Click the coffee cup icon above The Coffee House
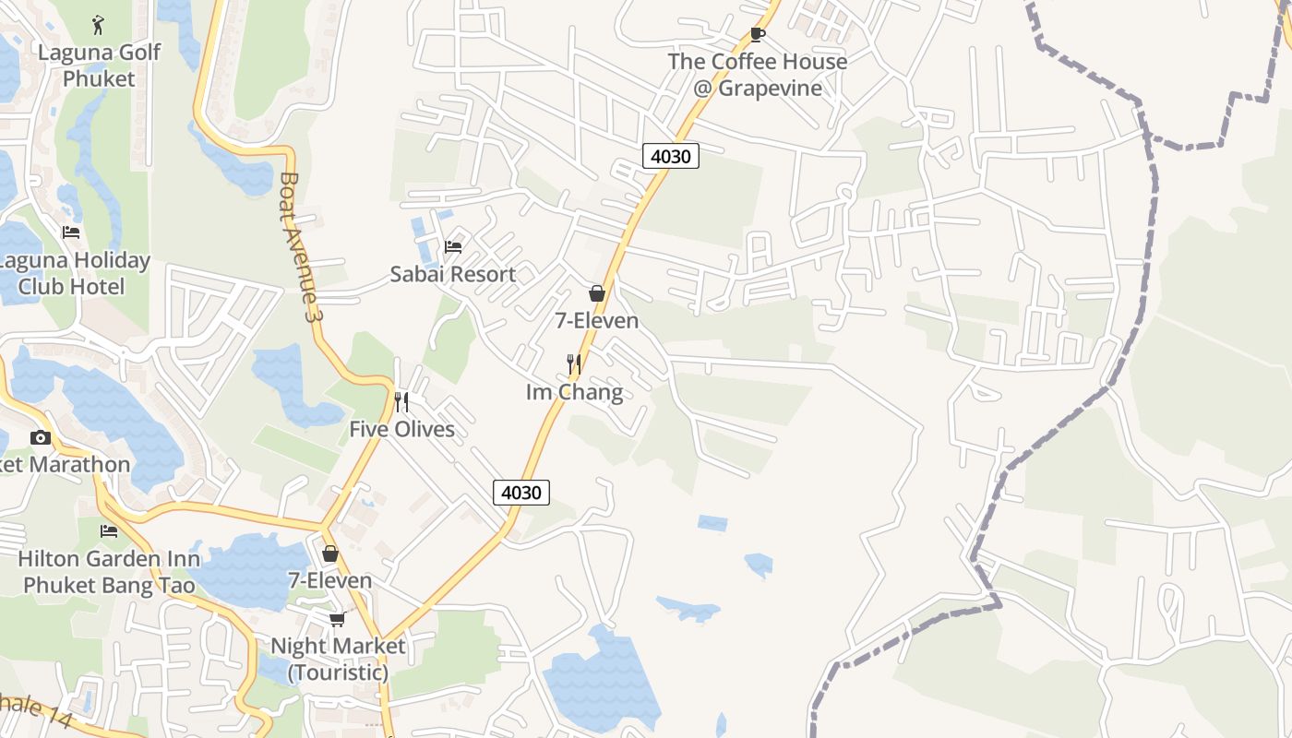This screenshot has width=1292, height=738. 758,35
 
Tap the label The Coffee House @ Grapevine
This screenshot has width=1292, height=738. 758,75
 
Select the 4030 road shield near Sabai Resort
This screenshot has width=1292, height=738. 671,156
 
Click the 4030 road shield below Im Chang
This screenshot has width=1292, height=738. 521,493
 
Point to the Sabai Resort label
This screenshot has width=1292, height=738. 452,274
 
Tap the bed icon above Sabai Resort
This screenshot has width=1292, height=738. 453,246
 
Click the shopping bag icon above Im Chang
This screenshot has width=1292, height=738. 597,293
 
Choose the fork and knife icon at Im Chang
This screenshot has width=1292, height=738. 574,364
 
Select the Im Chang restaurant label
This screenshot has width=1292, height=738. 574,392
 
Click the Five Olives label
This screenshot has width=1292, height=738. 401,429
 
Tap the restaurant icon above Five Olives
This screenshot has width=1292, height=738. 401,401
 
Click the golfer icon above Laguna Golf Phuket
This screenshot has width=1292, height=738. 99,24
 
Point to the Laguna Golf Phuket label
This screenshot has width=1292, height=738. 99,65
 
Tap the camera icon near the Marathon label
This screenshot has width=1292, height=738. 41,437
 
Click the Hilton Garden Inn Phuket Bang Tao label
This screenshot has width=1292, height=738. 109,572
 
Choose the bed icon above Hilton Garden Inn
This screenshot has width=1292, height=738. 109,531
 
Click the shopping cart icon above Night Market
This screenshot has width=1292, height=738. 338,619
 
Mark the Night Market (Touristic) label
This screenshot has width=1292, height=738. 338,659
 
